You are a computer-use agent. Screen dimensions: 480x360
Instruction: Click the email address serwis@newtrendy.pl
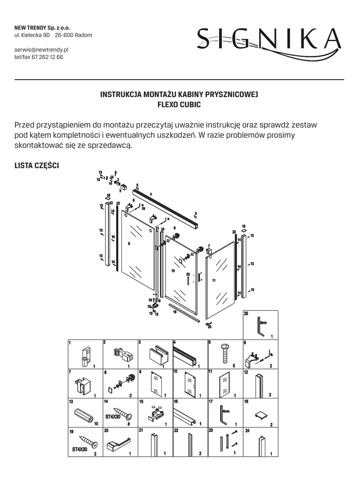42,49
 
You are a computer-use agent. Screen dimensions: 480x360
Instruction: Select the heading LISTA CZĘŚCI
37,166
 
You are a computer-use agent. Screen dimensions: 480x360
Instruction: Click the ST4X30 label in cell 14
112,416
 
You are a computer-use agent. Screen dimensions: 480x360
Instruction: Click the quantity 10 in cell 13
96,424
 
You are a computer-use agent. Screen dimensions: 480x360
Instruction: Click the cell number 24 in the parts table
247,430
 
